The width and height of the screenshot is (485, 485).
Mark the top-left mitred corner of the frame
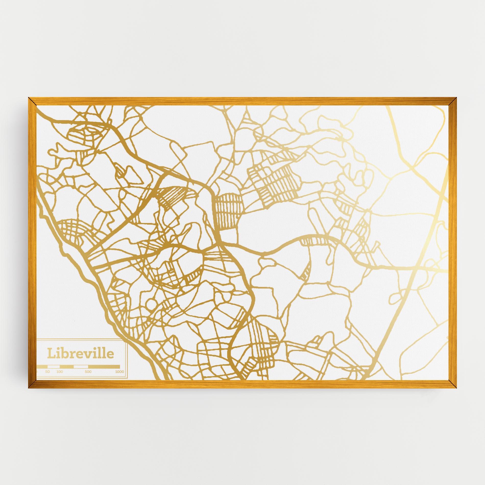point(32,101)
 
